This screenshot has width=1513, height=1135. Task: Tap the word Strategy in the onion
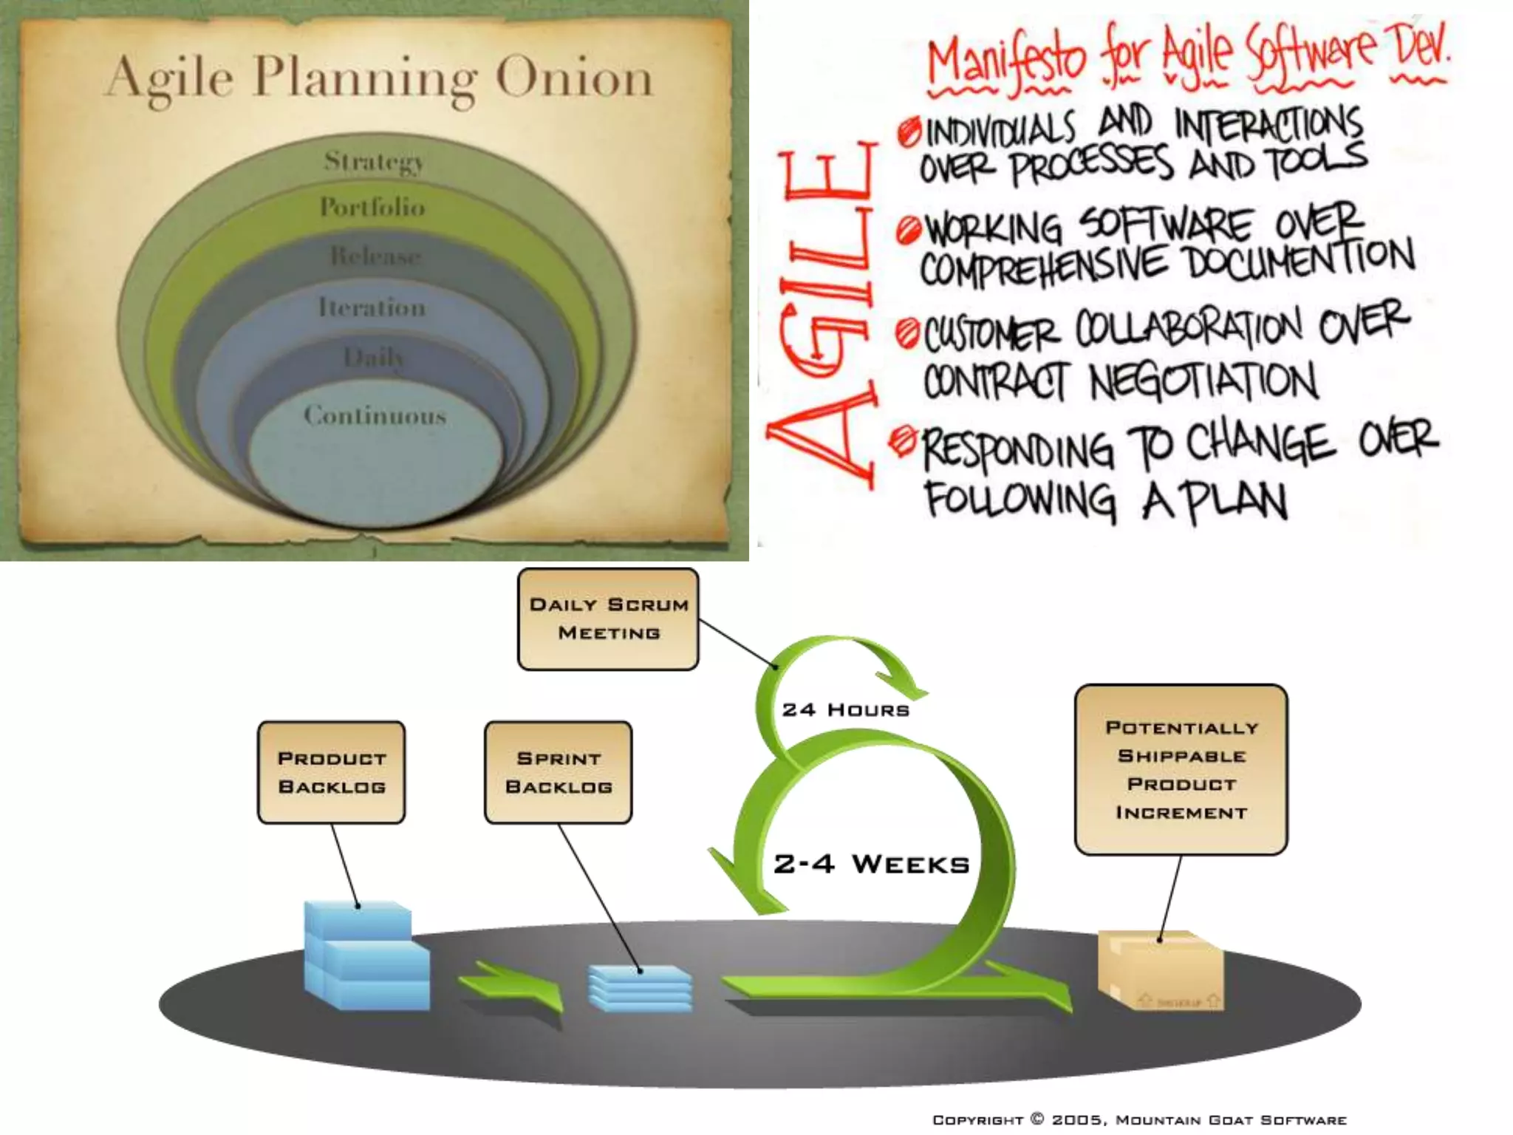pyautogui.click(x=374, y=161)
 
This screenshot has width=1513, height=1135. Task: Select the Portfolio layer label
pyautogui.click(x=372, y=207)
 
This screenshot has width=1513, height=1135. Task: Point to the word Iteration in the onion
pyautogui.click(x=372, y=307)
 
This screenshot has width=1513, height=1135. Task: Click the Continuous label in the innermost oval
pyautogui.click(x=375, y=415)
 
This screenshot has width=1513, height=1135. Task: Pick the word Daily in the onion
pyautogui.click(x=374, y=358)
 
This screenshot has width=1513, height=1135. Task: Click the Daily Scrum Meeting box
pyautogui.click(x=608, y=619)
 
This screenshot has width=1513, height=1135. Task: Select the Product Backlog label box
pyautogui.click(x=332, y=772)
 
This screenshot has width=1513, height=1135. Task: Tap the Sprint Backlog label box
pyautogui.click(x=559, y=772)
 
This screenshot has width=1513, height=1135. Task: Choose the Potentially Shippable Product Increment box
pyautogui.click(x=1181, y=769)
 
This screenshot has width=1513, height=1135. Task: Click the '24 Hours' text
pyautogui.click(x=845, y=710)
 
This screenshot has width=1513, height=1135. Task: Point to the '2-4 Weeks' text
pyautogui.click(x=871, y=864)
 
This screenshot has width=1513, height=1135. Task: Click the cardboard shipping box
pyautogui.click(x=1159, y=970)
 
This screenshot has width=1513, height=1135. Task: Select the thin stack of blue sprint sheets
pyautogui.click(x=640, y=987)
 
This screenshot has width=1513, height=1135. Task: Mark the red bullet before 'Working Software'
pyautogui.click(x=908, y=231)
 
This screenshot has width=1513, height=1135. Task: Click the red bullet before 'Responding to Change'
pyautogui.click(x=903, y=441)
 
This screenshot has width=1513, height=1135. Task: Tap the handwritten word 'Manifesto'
pyautogui.click(x=1006, y=59)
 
